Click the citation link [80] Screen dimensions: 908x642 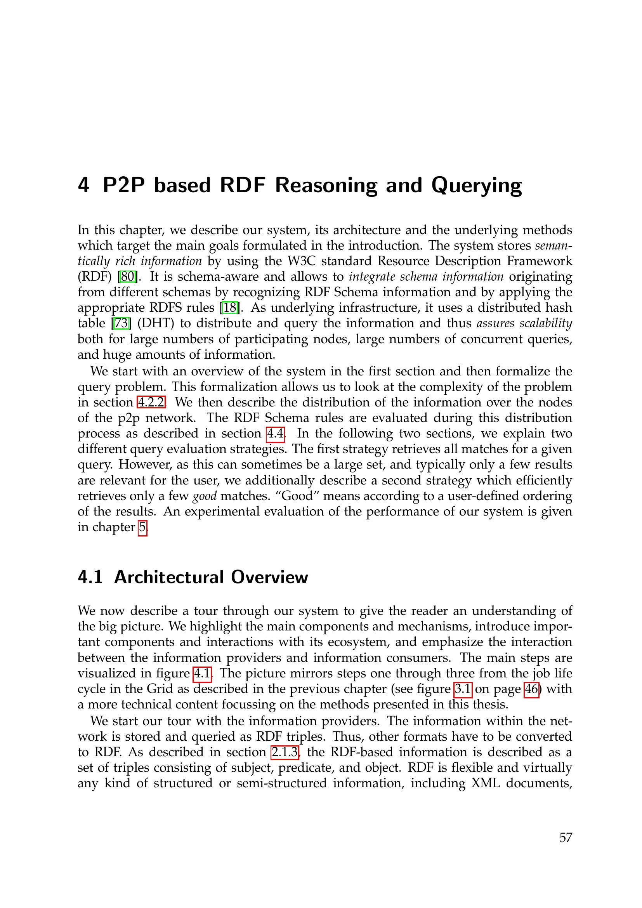coord(128,276)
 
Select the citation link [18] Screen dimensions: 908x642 coord(230,307)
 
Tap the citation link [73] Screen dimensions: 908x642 coord(121,323)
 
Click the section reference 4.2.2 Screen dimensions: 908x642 coord(151,402)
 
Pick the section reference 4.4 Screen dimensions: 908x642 coord(275,434)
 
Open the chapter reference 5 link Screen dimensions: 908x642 coord(142,527)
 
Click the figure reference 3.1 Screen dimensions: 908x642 coord(463,689)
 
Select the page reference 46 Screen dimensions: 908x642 coord(531,689)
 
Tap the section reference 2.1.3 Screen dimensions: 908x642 coord(284,752)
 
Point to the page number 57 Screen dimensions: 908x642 coord(566,837)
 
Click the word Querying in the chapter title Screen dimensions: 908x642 coord(476,185)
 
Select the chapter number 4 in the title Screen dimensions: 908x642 coord(83,185)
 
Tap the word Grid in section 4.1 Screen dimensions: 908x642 coord(160,689)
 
